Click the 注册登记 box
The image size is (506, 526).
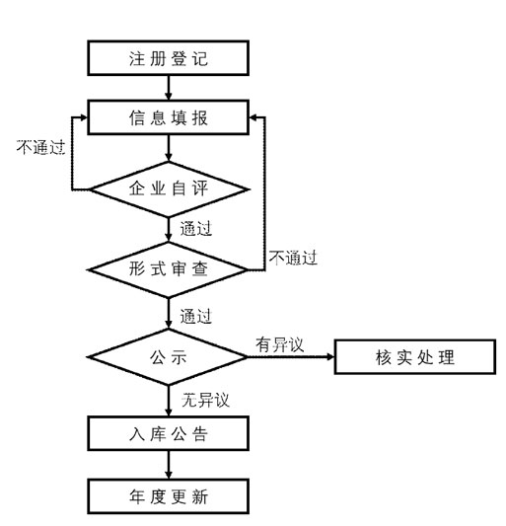169,58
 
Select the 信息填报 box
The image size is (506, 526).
169,117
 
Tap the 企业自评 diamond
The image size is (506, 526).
169,189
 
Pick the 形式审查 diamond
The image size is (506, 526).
168,269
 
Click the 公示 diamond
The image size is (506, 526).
168,356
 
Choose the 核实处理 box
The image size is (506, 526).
415,356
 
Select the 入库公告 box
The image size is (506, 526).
169,433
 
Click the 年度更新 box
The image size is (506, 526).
169,496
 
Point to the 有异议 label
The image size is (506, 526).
280,344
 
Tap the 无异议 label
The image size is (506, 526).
205,400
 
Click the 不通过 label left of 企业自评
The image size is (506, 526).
40,147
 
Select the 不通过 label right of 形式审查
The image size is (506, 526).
293,258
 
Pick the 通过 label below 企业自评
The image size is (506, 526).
196,229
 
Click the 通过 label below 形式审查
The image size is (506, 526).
196,317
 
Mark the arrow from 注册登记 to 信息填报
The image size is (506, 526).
169,88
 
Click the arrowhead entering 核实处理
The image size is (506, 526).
330,356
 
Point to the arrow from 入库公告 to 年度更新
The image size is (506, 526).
169,465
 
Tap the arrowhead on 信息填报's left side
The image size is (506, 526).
83,117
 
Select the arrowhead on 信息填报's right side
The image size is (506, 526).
253,117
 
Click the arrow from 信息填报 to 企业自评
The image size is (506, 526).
169,148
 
